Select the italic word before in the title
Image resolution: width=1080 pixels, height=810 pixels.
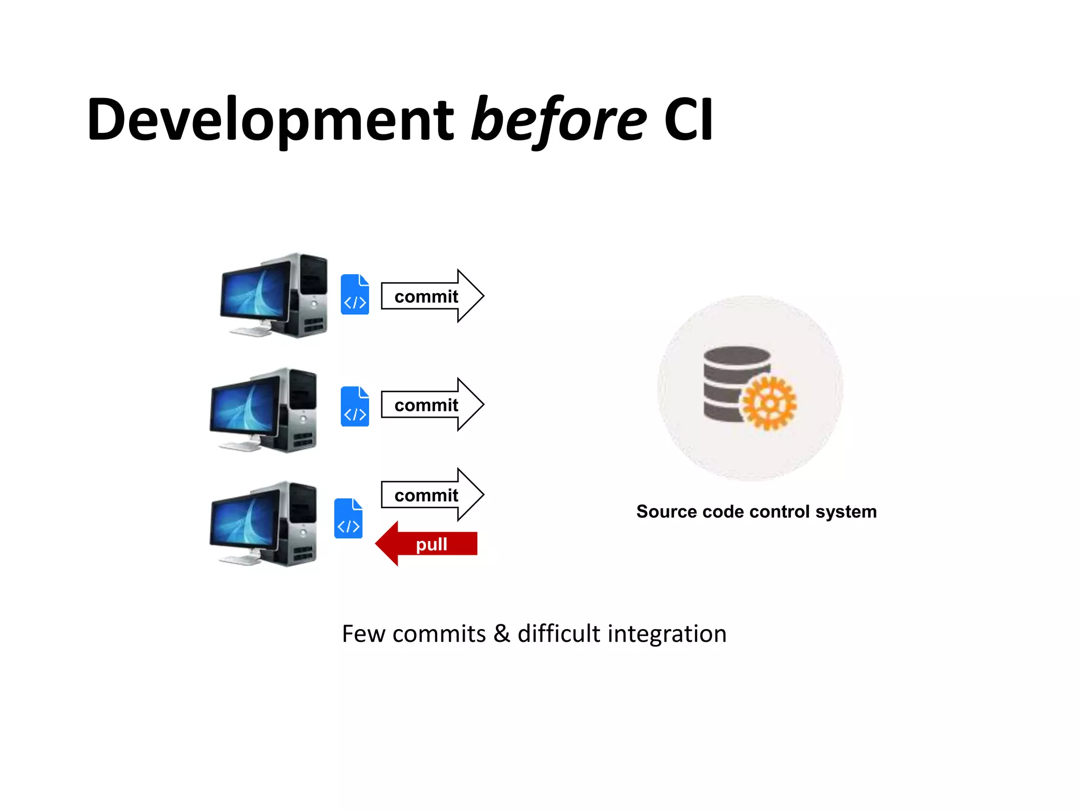pos(558,120)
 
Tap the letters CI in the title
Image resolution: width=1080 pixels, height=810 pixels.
pos(688,120)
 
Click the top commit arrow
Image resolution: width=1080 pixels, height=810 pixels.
pos(431,296)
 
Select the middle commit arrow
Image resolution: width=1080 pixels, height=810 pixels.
pos(431,405)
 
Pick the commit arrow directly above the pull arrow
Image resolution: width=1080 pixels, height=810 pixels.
pos(431,495)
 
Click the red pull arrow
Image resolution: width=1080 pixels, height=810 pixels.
pos(427,544)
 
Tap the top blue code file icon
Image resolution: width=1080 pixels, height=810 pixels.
pos(355,295)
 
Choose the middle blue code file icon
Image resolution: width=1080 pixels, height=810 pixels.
pos(355,407)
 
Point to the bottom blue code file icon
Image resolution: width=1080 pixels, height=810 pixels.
pos(349,518)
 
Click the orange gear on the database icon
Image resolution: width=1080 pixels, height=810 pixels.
pos(769,403)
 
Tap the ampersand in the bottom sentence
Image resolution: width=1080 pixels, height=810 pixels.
pos(502,633)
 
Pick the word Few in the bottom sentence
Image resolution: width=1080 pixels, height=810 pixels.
pos(363,633)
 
